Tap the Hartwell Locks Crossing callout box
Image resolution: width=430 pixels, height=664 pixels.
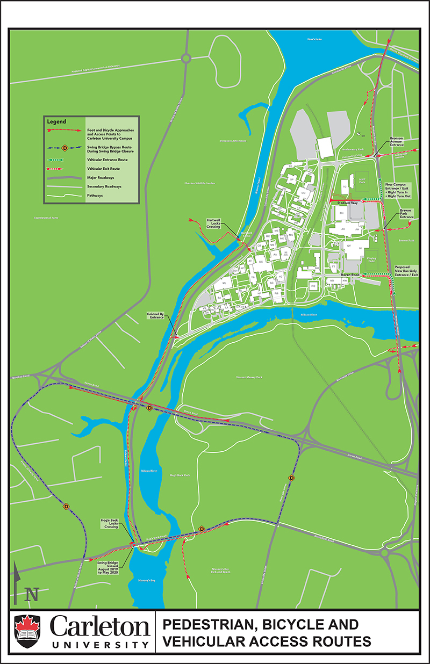point(214,223)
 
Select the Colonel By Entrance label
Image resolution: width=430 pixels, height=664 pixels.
point(155,315)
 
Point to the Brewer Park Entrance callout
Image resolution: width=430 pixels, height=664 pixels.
point(406,213)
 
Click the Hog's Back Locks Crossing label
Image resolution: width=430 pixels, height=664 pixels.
point(111,523)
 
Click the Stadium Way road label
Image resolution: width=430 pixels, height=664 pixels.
point(347,203)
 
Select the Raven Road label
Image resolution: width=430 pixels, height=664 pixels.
point(350,274)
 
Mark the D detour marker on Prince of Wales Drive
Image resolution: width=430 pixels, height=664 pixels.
point(67,506)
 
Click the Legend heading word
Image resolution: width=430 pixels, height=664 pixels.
point(56,121)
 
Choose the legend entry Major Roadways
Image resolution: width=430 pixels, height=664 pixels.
point(102,177)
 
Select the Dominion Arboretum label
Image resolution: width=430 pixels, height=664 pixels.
point(232,141)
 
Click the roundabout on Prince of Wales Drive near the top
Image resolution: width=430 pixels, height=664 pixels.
point(186,58)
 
